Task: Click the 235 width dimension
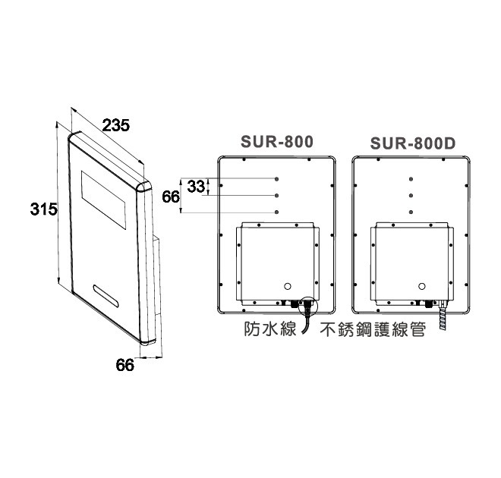coord(116,125)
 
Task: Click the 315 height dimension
coord(44,209)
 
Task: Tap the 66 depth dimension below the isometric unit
coord(125,365)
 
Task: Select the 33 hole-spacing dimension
coord(196,187)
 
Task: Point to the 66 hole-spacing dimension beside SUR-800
coord(171,197)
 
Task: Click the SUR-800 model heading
coord(277,142)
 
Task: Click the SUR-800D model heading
coord(413,143)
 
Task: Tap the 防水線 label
coord(270,329)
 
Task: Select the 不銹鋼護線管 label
coord(373,329)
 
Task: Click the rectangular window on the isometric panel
coord(103,200)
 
